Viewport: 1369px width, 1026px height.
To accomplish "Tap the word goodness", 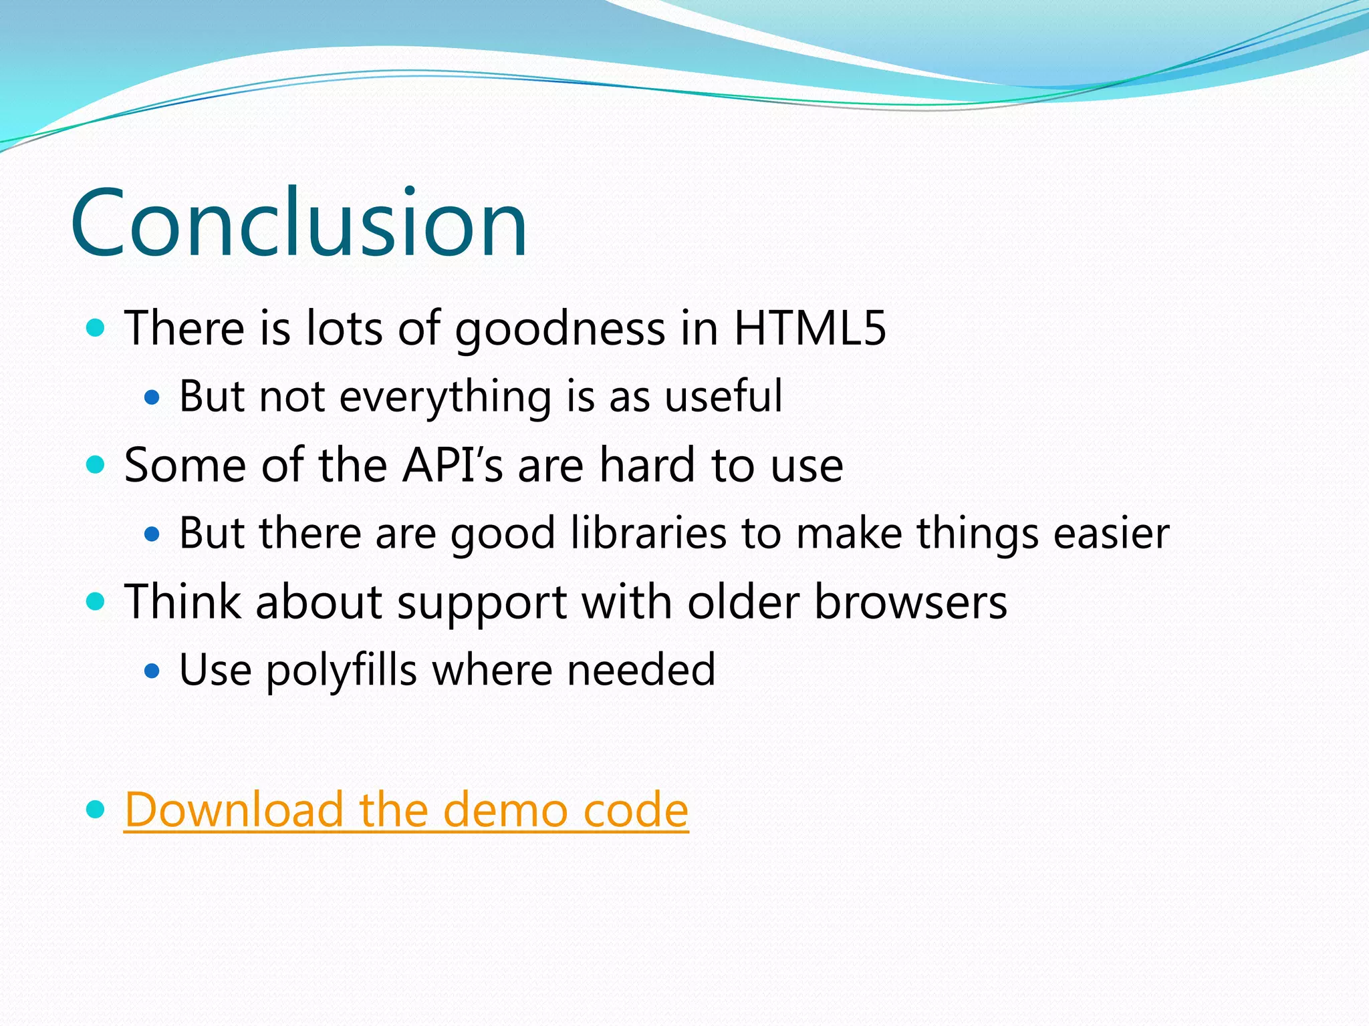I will coord(560,329).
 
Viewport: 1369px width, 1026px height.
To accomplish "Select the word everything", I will coord(445,397).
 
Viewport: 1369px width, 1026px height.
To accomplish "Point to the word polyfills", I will coord(342,671).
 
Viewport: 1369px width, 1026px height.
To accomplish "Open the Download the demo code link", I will coord(406,810).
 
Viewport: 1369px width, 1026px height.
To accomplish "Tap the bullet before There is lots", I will coord(96,328).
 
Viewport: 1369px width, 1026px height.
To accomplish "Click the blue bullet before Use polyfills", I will coord(152,670).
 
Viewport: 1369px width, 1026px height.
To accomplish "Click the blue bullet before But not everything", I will coord(152,397).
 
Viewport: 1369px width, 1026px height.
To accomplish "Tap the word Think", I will coord(182,602).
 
